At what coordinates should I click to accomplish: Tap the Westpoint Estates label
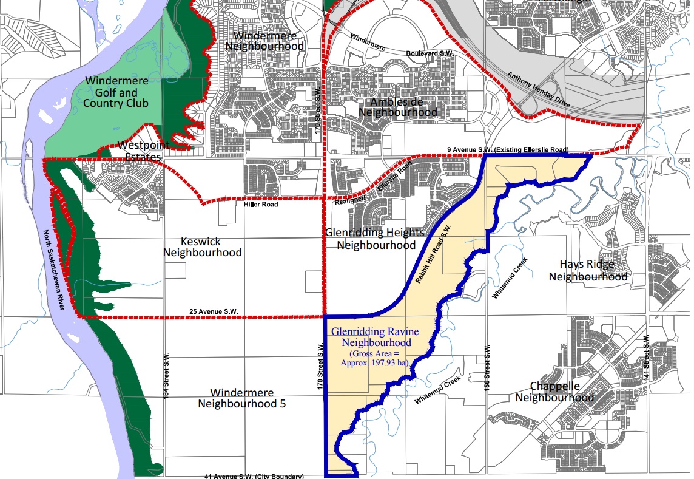140,151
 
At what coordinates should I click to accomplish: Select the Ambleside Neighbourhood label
397,107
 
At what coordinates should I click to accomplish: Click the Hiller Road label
261,205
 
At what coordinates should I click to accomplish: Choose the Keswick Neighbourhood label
203,246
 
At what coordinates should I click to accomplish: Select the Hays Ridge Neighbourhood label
588,270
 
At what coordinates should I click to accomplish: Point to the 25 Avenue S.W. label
214,311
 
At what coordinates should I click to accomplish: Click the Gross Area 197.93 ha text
379,358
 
